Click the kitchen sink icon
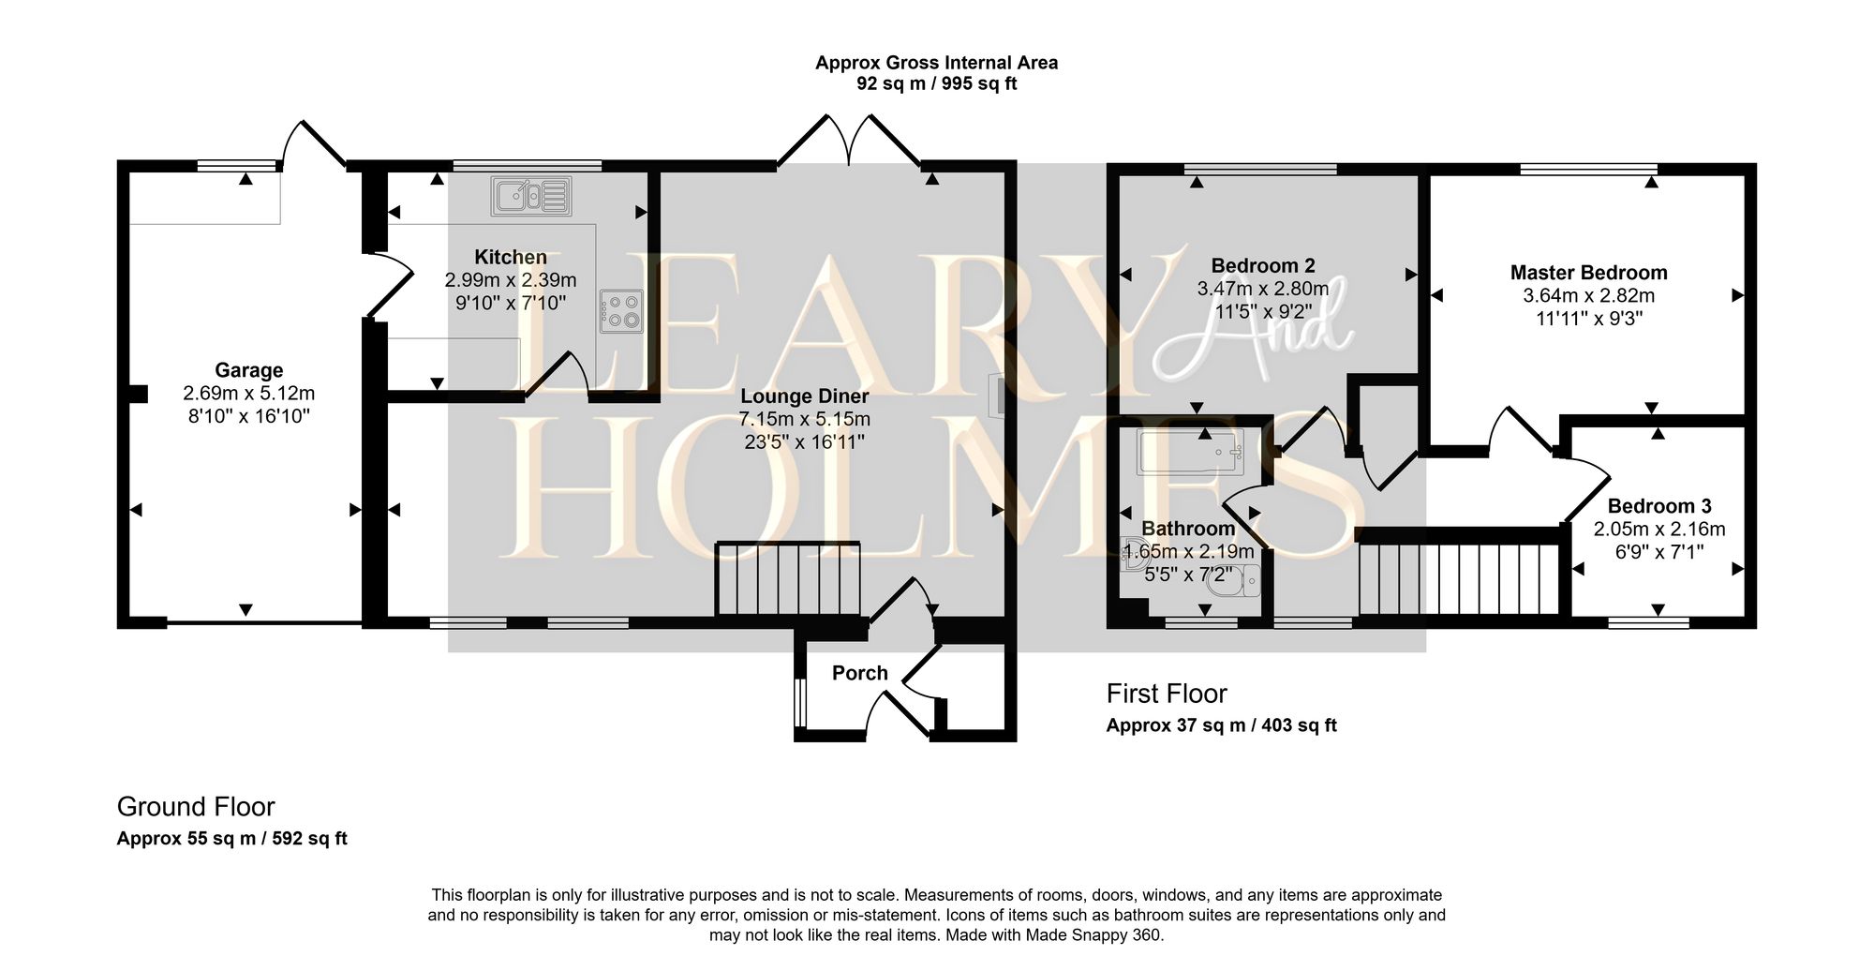click(x=530, y=196)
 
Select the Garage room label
click(x=248, y=370)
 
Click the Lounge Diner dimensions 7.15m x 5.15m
click(x=804, y=419)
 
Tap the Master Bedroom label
click(x=1588, y=273)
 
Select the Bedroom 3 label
click(x=1659, y=506)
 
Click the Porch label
click(x=859, y=673)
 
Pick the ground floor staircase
click(x=788, y=579)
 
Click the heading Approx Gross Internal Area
click(x=936, y=63)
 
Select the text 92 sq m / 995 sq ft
click(x=936, y=84)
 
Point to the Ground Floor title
click(x=196, y=807)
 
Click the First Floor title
click(x=1167, y=694)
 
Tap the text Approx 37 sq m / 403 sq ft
click(x=1221, y=725)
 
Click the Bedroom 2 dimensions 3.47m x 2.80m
click(x=1262, y=289)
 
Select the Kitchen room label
click(x=510, y=257)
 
